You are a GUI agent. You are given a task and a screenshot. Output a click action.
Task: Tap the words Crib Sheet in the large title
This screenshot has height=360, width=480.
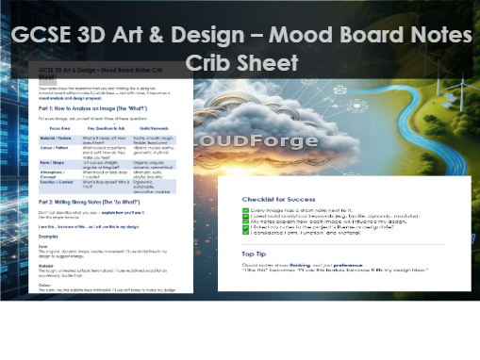pyautogui.click(x=241, y=63)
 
